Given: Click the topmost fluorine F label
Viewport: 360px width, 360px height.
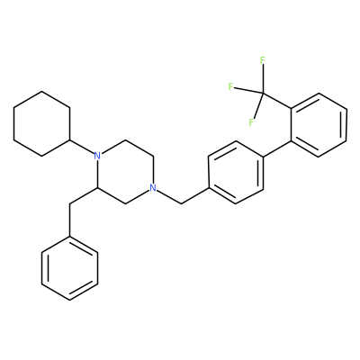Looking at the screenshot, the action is pos(263,60).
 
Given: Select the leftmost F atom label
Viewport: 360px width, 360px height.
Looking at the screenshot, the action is pos(230,87).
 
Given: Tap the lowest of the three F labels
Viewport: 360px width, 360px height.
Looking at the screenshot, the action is pos(251,122).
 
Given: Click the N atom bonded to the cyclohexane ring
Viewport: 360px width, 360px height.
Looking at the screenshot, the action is pos(96,156).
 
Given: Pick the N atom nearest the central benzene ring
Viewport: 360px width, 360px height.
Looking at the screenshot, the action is pos(153,188).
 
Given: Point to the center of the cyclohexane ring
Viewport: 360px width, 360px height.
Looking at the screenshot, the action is pos(41,123).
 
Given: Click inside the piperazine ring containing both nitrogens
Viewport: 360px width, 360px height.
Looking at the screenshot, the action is pos(124,172).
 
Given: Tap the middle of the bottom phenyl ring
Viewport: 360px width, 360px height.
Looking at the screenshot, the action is pos(69,269).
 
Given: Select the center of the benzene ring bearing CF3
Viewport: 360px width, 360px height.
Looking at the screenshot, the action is pos(319,125).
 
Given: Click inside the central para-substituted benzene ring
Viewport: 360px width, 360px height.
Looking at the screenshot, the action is pos(236,172).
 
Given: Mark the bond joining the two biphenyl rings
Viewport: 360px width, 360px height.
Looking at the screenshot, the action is pos(277,148).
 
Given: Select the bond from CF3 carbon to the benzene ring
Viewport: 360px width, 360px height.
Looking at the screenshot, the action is pos(276,102).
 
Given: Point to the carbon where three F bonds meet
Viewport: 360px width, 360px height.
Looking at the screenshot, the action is pos(263,94).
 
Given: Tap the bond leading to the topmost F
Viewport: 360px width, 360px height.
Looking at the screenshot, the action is pos(263,79).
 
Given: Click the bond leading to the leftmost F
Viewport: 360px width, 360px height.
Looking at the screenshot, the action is pos(248,91).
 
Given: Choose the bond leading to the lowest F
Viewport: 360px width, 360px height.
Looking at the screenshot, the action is pos(258,106).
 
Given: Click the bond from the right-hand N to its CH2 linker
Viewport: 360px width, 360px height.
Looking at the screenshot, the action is pos(169,197).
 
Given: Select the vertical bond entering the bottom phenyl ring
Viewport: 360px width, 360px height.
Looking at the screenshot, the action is pos(69,220).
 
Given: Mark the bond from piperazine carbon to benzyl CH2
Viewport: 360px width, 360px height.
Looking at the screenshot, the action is pos(83,196).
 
